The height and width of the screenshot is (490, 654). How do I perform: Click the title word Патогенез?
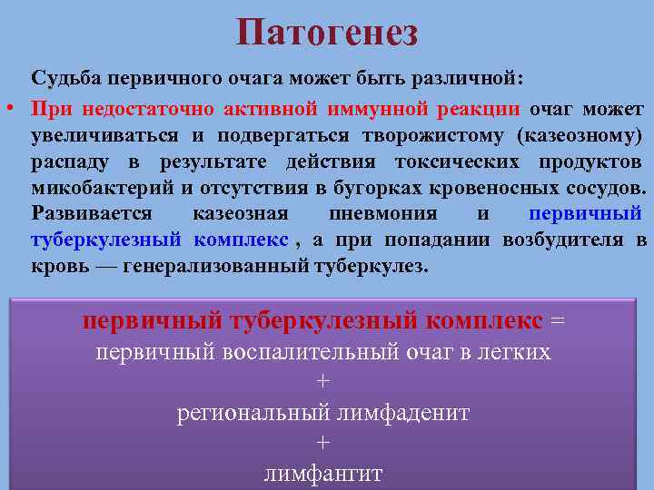327,33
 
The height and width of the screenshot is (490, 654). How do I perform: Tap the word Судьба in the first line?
63,78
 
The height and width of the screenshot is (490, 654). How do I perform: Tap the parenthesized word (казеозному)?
579,136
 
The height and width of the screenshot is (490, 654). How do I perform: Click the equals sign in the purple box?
558,320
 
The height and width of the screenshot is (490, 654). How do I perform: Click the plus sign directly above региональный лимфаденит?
322,382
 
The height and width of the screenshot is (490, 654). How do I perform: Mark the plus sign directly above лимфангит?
322,443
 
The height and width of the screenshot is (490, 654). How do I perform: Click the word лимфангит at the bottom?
323,473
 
